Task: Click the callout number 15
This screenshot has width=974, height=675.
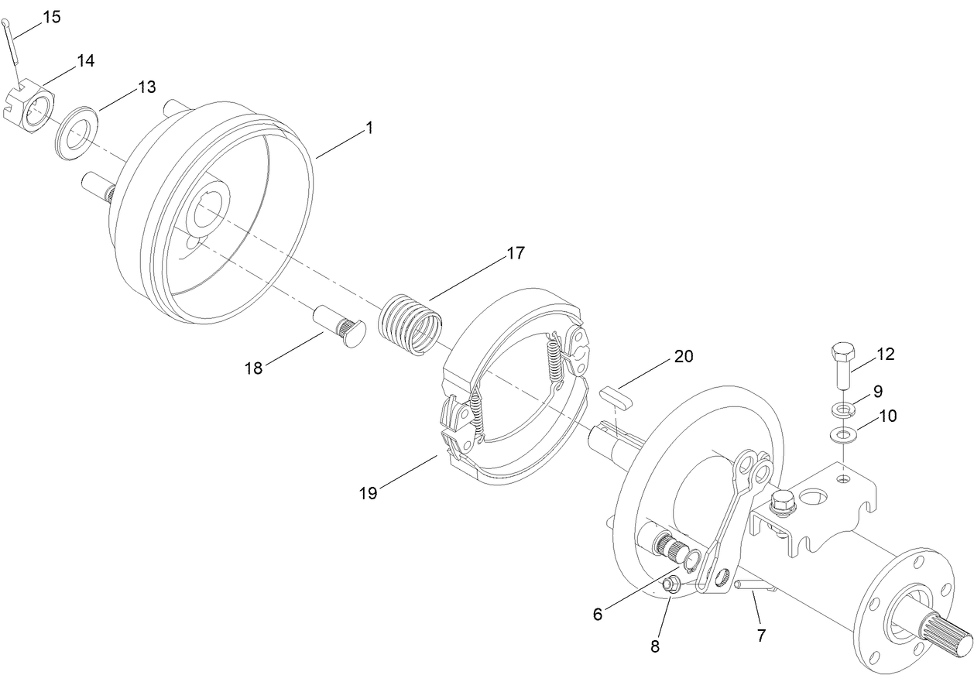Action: [x=51, y=16]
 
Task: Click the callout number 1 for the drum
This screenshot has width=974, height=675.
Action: [x=369, y=128]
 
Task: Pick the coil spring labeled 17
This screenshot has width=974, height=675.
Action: [x=411, y=321]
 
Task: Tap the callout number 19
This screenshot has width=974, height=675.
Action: [x=369, y=492]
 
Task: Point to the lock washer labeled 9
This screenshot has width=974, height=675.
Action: [x=841, y=409]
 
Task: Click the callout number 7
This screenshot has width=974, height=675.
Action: [x=761, y=636]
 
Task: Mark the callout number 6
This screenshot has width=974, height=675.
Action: [x=598, y=614]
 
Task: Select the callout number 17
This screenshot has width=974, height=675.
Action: [x=516, y=253]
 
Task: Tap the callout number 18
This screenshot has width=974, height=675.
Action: [x=254, y=368]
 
